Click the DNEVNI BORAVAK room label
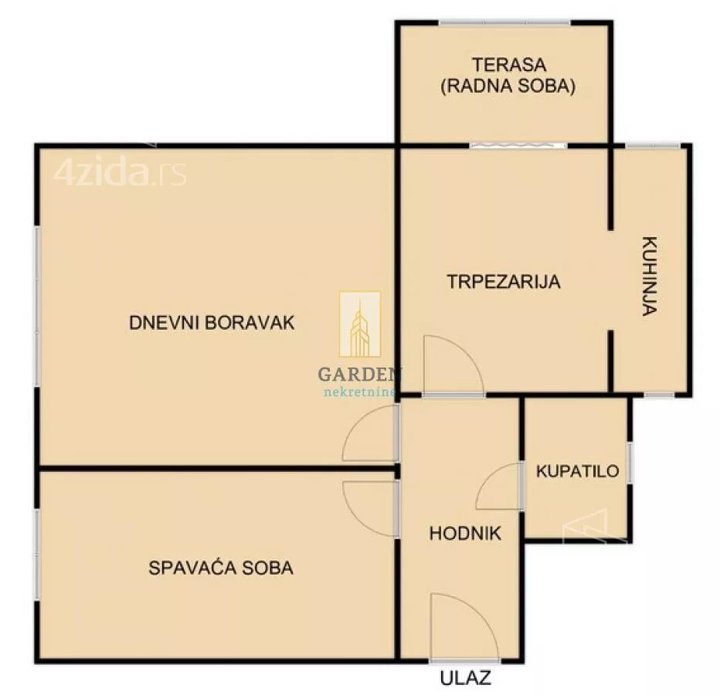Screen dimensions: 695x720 pyautogui.click(x=212, y=323)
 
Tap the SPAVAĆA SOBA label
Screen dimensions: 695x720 pyautogui.click(x=220, y=568)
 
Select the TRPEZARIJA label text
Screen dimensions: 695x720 pyautogui.click(x=503, y=282)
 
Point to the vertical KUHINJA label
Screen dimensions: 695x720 pyautogui.click(x=649, y=276)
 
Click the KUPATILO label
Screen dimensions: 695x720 pyautogui.click(x=578, y=470)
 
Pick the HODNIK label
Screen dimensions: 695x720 pyautogui.click(x=465, y=533)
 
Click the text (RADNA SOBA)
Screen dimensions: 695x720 pyautogui.click(x=508, y=86)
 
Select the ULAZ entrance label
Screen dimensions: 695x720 pyautogui.click(x=466, y=679)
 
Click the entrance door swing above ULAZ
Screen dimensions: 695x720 pyautogui.click(x=460, y=627)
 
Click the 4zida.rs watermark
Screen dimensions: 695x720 pyautogui.click(x=120, y=173)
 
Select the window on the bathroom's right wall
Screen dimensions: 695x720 pyautogui.click(x=630, y=463)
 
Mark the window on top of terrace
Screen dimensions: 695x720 pyautogui.click(x=504, y=22)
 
